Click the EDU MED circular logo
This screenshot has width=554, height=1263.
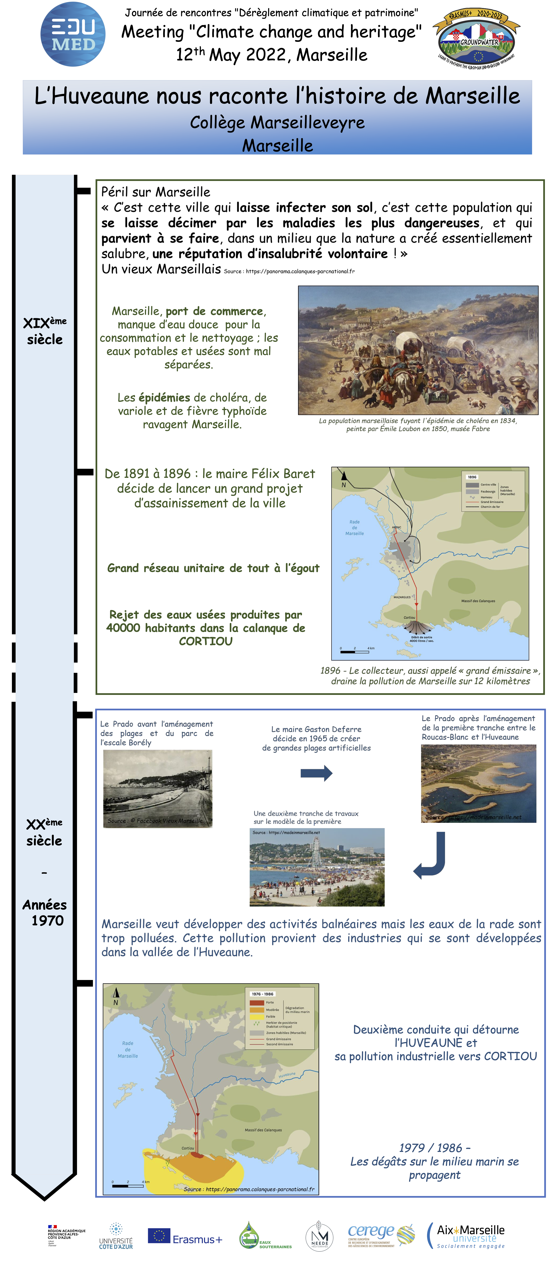73,34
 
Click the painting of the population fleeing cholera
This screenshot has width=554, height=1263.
418,350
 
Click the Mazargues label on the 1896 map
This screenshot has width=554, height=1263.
402,597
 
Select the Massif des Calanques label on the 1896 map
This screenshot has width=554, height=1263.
478,601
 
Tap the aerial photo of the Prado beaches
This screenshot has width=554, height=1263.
478,783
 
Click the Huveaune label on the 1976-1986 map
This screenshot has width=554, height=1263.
287,1075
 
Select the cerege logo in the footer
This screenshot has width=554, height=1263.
380,1235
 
